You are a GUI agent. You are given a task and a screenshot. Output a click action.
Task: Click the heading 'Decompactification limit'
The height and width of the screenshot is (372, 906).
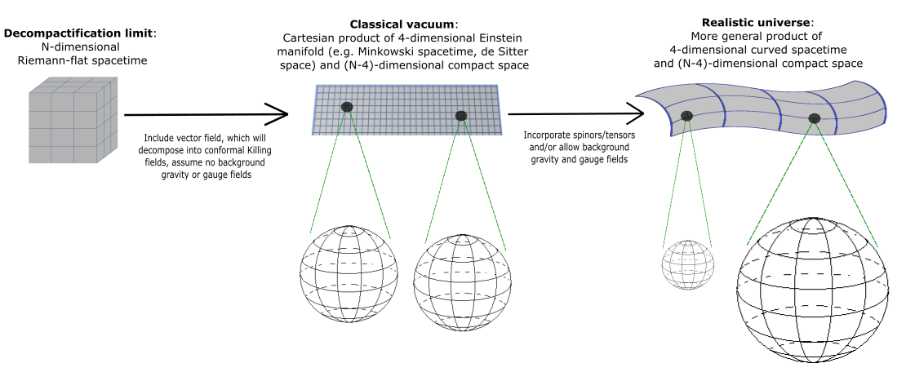point(78,33)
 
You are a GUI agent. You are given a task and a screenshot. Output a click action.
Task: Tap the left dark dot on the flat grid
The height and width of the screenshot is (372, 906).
point(348,107)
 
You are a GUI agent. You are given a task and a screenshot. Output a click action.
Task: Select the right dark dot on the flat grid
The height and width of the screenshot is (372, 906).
point(461,116)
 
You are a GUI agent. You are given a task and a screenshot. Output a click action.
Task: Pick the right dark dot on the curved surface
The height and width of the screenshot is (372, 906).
point(814,119)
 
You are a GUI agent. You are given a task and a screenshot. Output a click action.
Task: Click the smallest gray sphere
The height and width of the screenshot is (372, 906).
point(686,264)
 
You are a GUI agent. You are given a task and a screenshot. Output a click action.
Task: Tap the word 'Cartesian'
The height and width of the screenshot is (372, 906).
point(309,38)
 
